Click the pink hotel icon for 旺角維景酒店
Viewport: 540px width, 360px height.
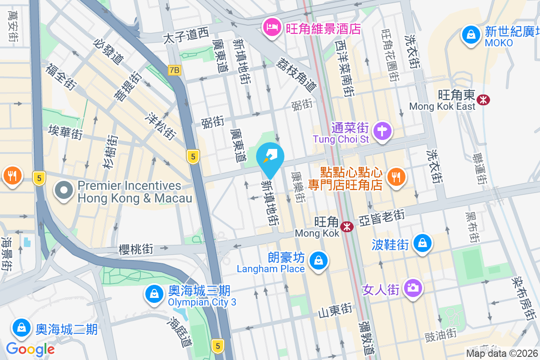click(271, 28)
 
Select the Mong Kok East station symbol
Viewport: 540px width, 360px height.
click(484, 99)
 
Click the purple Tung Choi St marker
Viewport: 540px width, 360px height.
click(382, 131)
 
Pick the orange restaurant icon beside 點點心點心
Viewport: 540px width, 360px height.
click(396, 177)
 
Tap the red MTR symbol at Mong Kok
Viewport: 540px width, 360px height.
click(347, 227)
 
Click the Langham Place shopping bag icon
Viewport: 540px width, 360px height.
click(318, 261)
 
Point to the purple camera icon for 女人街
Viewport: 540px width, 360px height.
click(413, 288)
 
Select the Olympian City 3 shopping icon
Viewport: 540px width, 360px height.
click(154, 294)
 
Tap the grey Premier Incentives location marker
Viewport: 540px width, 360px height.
click(64, 190)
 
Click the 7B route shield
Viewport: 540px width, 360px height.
click(174, 70)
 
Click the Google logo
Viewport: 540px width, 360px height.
click(30, 349)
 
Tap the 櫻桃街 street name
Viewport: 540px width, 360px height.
click(136, 249)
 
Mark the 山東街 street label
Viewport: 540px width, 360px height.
click(335, 310)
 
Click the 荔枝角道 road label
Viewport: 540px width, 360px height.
click(297, 74)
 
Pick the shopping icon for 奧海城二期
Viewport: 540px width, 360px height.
click(22, 328)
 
